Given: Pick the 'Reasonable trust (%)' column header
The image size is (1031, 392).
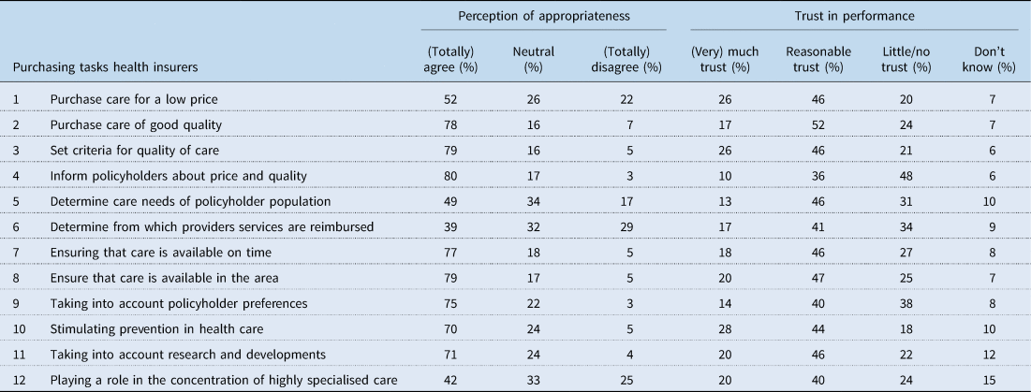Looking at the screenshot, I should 818,59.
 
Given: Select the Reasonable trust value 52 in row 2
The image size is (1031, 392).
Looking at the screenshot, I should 818,123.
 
